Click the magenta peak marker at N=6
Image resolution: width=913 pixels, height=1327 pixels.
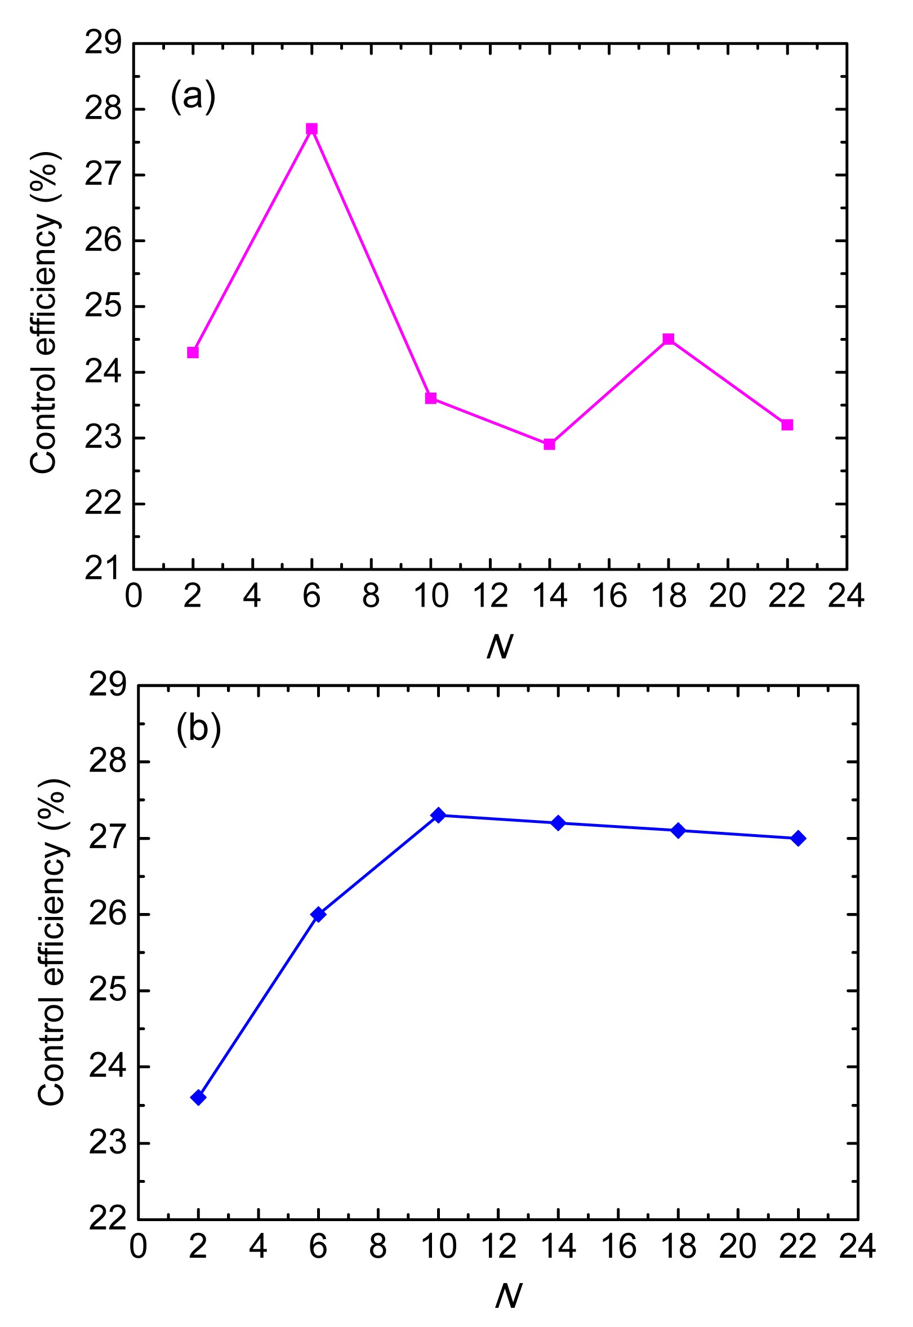tap(312, 128)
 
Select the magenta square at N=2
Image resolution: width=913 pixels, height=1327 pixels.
tap(193, 353)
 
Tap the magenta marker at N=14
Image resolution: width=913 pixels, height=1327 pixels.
tap(549, 444)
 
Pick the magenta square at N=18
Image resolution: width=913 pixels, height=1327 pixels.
tap(668, 339)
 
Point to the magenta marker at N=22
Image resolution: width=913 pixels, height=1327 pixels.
tap(787, 425)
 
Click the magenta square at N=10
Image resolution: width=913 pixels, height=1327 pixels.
tap(431, 398)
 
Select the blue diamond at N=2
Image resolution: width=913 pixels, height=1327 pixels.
tap(198, 1098)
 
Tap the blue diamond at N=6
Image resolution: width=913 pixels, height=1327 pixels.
tap(319, 914)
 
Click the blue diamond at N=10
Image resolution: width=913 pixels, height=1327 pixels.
tap(438, 815)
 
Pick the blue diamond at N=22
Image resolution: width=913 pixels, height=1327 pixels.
tap(799, 839)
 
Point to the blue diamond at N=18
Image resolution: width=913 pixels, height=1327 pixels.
tap(679, 831)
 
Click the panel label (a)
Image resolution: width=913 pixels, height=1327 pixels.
tap(193, 96)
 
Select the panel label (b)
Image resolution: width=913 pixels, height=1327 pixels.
tap(198, 729)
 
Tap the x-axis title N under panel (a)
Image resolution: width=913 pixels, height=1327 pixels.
tap(500, 647)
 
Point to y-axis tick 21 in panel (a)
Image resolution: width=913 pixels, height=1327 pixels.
tap(104, 569)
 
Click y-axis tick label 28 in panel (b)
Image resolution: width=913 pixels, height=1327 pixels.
tap(107, 763)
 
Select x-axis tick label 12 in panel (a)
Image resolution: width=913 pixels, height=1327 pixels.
tap(490, 596)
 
